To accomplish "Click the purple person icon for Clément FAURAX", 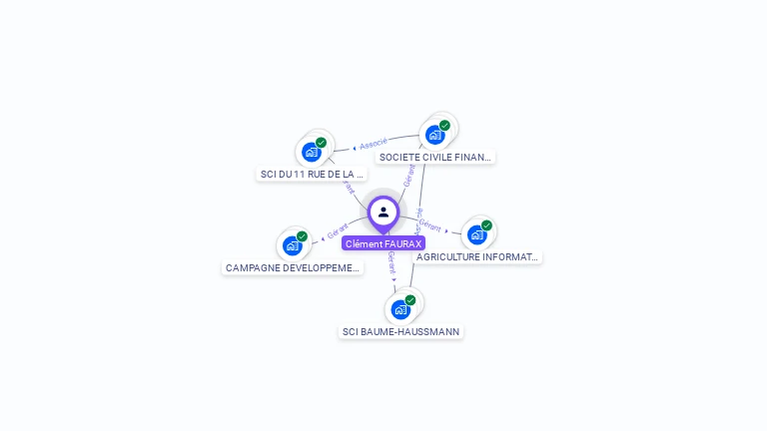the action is tap(383, 212).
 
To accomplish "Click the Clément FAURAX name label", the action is tap(383, 243).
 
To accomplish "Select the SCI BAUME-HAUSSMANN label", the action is tap(401, 331).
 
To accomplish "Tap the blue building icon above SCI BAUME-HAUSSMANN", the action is tap(400, 309).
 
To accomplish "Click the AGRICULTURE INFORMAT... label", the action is tap(477, 256).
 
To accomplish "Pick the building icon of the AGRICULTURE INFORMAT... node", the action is tap(476, 234).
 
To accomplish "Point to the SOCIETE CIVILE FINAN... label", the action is tap(435, 157).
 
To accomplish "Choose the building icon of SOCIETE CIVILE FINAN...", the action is tap(434, 135).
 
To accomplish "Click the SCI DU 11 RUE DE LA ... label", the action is tap(313, 174).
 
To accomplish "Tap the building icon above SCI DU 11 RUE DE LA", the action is tap(312, 152).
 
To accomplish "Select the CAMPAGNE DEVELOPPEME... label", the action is tap(293, 267).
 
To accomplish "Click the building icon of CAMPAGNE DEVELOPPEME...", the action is tap(292, 245).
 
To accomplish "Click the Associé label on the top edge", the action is tap(374, 144).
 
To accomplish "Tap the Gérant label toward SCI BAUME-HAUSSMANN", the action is tap(392, 263).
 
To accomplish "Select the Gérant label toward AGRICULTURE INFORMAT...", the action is tap(429, 226).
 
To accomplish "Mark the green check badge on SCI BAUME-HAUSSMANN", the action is tap(410, 299).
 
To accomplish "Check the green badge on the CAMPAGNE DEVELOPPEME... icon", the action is tap(302, 236).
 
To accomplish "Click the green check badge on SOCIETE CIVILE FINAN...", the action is tap(444, 126).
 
